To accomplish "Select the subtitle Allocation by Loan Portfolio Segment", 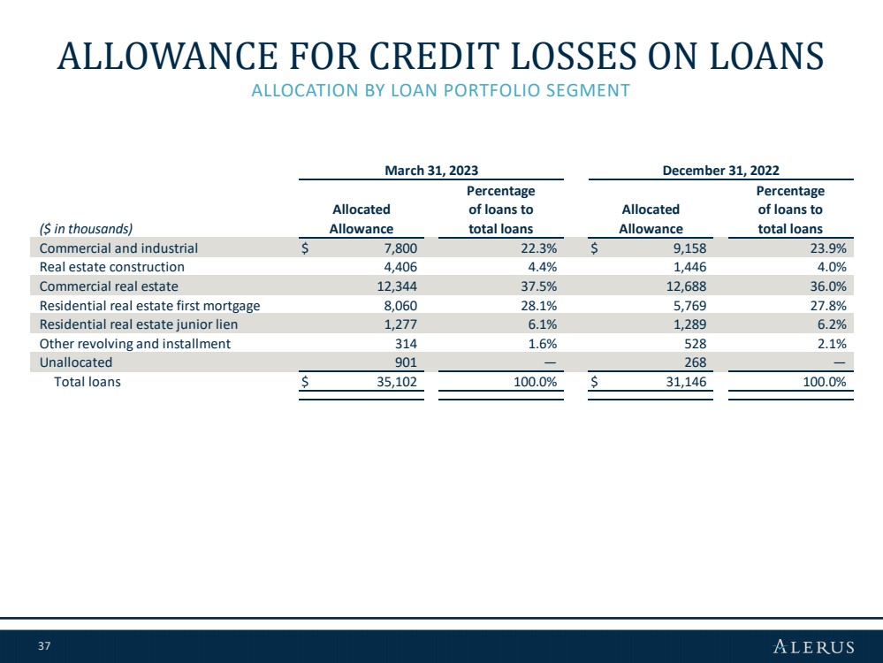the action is [x=440, y=90].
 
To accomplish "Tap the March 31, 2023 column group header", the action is [x=431, y=170].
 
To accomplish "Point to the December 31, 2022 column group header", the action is [x=721, y=170].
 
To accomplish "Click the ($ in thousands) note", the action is [x=86, y=229].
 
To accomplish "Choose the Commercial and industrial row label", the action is [x=118, y=248].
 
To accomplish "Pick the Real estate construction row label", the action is [x=112, y=266].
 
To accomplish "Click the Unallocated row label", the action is [x=76, y=362].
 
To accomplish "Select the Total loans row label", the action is [x=88, y=381].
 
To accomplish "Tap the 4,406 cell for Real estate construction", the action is [x=400, y=266].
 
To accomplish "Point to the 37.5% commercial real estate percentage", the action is [x=539, y=286].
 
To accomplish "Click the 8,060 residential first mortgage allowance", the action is [x=400, y=305].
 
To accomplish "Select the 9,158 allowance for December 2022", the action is [x=689, y=248].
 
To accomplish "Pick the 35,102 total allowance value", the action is [x=397, y=381].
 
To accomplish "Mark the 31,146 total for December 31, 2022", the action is [x=687, y=381].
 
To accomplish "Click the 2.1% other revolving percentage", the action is [x=832, y=344].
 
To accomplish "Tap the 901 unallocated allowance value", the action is [x=406, y=362].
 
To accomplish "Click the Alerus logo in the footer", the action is [x=814, y=646].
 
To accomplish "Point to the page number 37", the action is [x=44, y=645].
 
